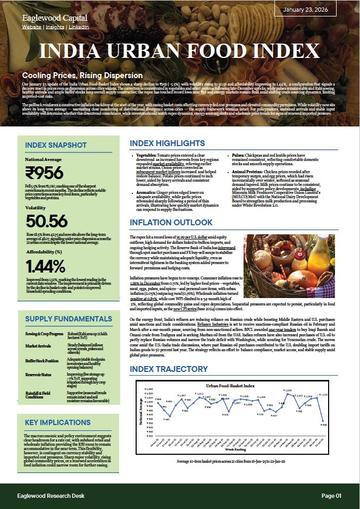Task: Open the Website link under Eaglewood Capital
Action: click(x=31, y=27)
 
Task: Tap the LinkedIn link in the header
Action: click(x=79, y=27)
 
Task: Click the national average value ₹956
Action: click(x=45, y=173)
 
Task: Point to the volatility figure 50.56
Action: click(x=47, y=222)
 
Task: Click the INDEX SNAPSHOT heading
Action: click(x=56, y=145)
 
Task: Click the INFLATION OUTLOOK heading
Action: click(x=171, y=222)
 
